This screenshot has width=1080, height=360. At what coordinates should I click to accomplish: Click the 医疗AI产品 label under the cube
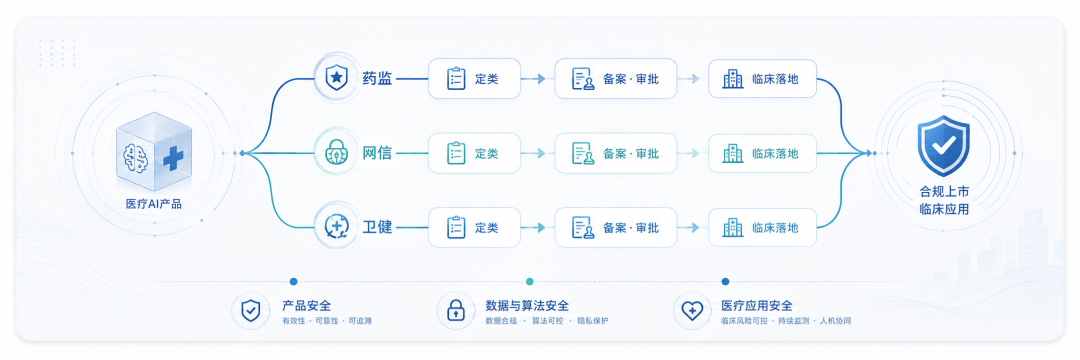tap(154, 204)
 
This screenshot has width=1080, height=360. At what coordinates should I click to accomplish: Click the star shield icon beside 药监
tap(336, 78)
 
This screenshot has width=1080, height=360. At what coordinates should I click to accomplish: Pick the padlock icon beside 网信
tap(336, 153)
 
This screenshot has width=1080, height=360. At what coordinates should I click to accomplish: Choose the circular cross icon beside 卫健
tap(336, 226)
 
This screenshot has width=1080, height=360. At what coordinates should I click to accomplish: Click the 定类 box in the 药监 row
tap(475, 78)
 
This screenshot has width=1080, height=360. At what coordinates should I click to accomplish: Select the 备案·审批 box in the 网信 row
tap(616, 153)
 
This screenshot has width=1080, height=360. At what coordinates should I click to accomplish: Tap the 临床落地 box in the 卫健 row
tap(762, 227)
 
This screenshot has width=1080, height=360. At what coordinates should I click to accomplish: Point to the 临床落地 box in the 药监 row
tap(762, 78)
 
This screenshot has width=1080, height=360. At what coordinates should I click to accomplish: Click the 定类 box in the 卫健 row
tap(475, 227)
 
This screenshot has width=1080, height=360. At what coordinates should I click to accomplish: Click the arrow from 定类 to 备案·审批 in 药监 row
tap(534, 78)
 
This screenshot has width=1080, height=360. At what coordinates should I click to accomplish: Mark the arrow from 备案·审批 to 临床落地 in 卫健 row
tap(690, 227)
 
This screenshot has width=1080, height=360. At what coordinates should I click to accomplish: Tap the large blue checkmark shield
tap(944, 147)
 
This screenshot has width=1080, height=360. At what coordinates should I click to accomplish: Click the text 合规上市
tap(944, 191)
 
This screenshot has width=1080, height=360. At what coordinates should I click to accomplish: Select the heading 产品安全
tap(307, 306)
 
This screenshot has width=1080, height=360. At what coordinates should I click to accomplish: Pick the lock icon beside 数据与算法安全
tap(455, 311)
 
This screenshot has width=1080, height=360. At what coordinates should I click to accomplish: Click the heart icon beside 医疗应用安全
tap(691, 311)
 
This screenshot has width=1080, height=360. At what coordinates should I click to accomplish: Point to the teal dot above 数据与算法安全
tap(529, 282)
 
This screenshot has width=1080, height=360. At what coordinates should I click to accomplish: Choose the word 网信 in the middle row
tap(377, 153)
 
